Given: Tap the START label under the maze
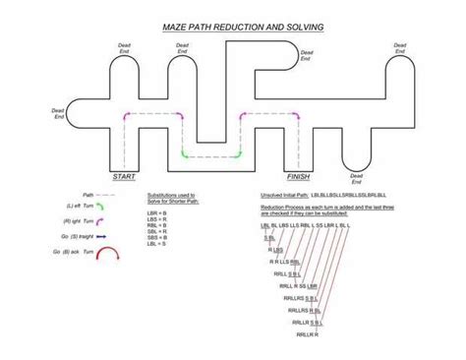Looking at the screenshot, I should [x=124, y=176].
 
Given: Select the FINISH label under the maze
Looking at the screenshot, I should [x=298, y=176].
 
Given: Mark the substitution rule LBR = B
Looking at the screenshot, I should [x=157, y=211].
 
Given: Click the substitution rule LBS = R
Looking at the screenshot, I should [x=157, y=218].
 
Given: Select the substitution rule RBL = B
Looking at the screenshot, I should [x=157, y=225].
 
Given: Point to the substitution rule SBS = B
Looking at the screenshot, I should [x=157, y=239].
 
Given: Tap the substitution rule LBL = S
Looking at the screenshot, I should [x=157, y=246].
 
